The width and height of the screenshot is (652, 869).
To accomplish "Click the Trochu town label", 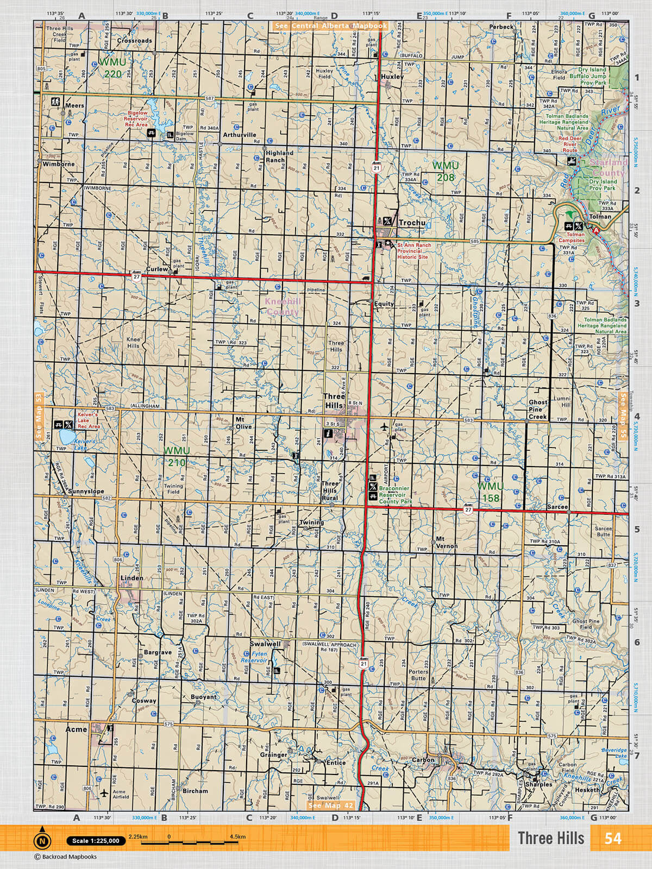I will click(412, 223).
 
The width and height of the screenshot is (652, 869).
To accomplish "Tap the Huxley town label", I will click(392, 77).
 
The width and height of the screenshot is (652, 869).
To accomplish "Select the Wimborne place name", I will click(59, 164).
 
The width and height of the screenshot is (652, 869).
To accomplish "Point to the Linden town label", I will click(132, 578).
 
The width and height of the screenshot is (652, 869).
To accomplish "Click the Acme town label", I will click(76, 729).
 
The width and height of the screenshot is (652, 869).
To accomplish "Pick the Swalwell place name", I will click(265, 644).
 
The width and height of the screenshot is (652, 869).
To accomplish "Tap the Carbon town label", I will click(423, 760).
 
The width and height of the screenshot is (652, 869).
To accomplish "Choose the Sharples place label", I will click(538, 784).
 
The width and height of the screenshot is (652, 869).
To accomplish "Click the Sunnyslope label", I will click(86, 491).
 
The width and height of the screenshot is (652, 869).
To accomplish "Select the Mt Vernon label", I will click(447, 543).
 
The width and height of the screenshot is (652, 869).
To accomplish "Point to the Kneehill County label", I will click(282, 307).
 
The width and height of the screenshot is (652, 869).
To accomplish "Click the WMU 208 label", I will click(446, 171).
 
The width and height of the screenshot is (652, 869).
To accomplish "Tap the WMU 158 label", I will click(490, 492).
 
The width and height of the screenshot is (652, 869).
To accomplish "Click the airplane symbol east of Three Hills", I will click(385, 427).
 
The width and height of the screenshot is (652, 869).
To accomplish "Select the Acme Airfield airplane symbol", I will click(104, 794).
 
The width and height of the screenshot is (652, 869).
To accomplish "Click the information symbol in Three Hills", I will click(328, 433).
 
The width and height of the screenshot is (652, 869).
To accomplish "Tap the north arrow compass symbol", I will click(42, 841).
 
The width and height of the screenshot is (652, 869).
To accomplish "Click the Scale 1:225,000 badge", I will click(96, 841).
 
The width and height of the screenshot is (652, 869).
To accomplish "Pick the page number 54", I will click(613, 839).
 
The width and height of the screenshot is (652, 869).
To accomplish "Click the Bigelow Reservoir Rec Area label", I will click(136, 119).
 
